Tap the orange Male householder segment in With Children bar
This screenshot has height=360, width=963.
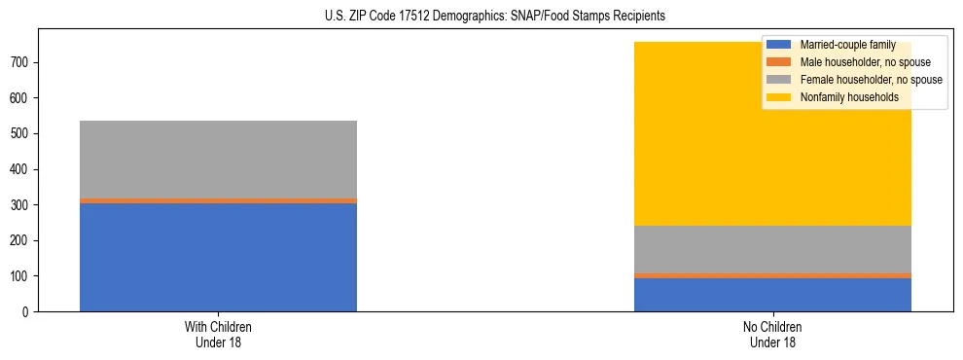218,200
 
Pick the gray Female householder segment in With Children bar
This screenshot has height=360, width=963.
218,160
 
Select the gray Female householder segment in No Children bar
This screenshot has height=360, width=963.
772,249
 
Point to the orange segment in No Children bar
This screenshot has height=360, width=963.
772,275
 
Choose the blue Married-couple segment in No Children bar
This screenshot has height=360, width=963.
772,295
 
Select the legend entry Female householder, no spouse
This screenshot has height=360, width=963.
869,80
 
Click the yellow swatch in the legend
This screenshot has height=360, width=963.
779,97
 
